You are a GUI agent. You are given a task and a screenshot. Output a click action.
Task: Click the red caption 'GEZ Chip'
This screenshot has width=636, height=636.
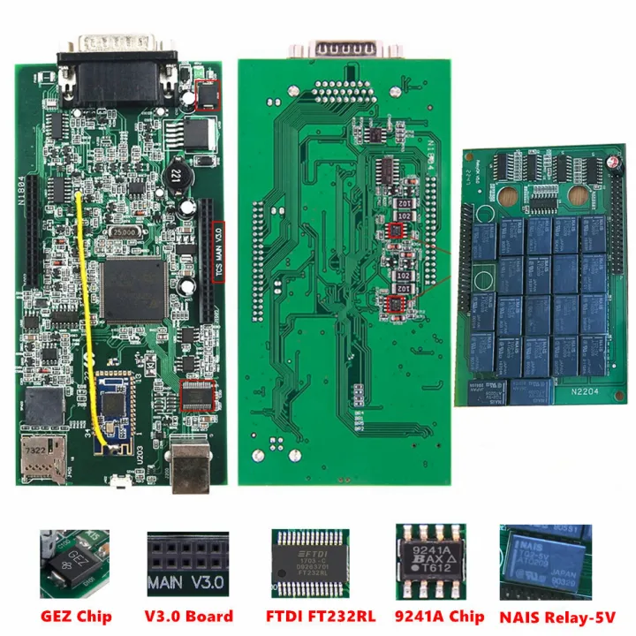(74, 616)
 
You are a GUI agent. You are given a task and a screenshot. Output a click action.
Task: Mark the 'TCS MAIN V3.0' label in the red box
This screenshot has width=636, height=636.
(219, 252)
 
